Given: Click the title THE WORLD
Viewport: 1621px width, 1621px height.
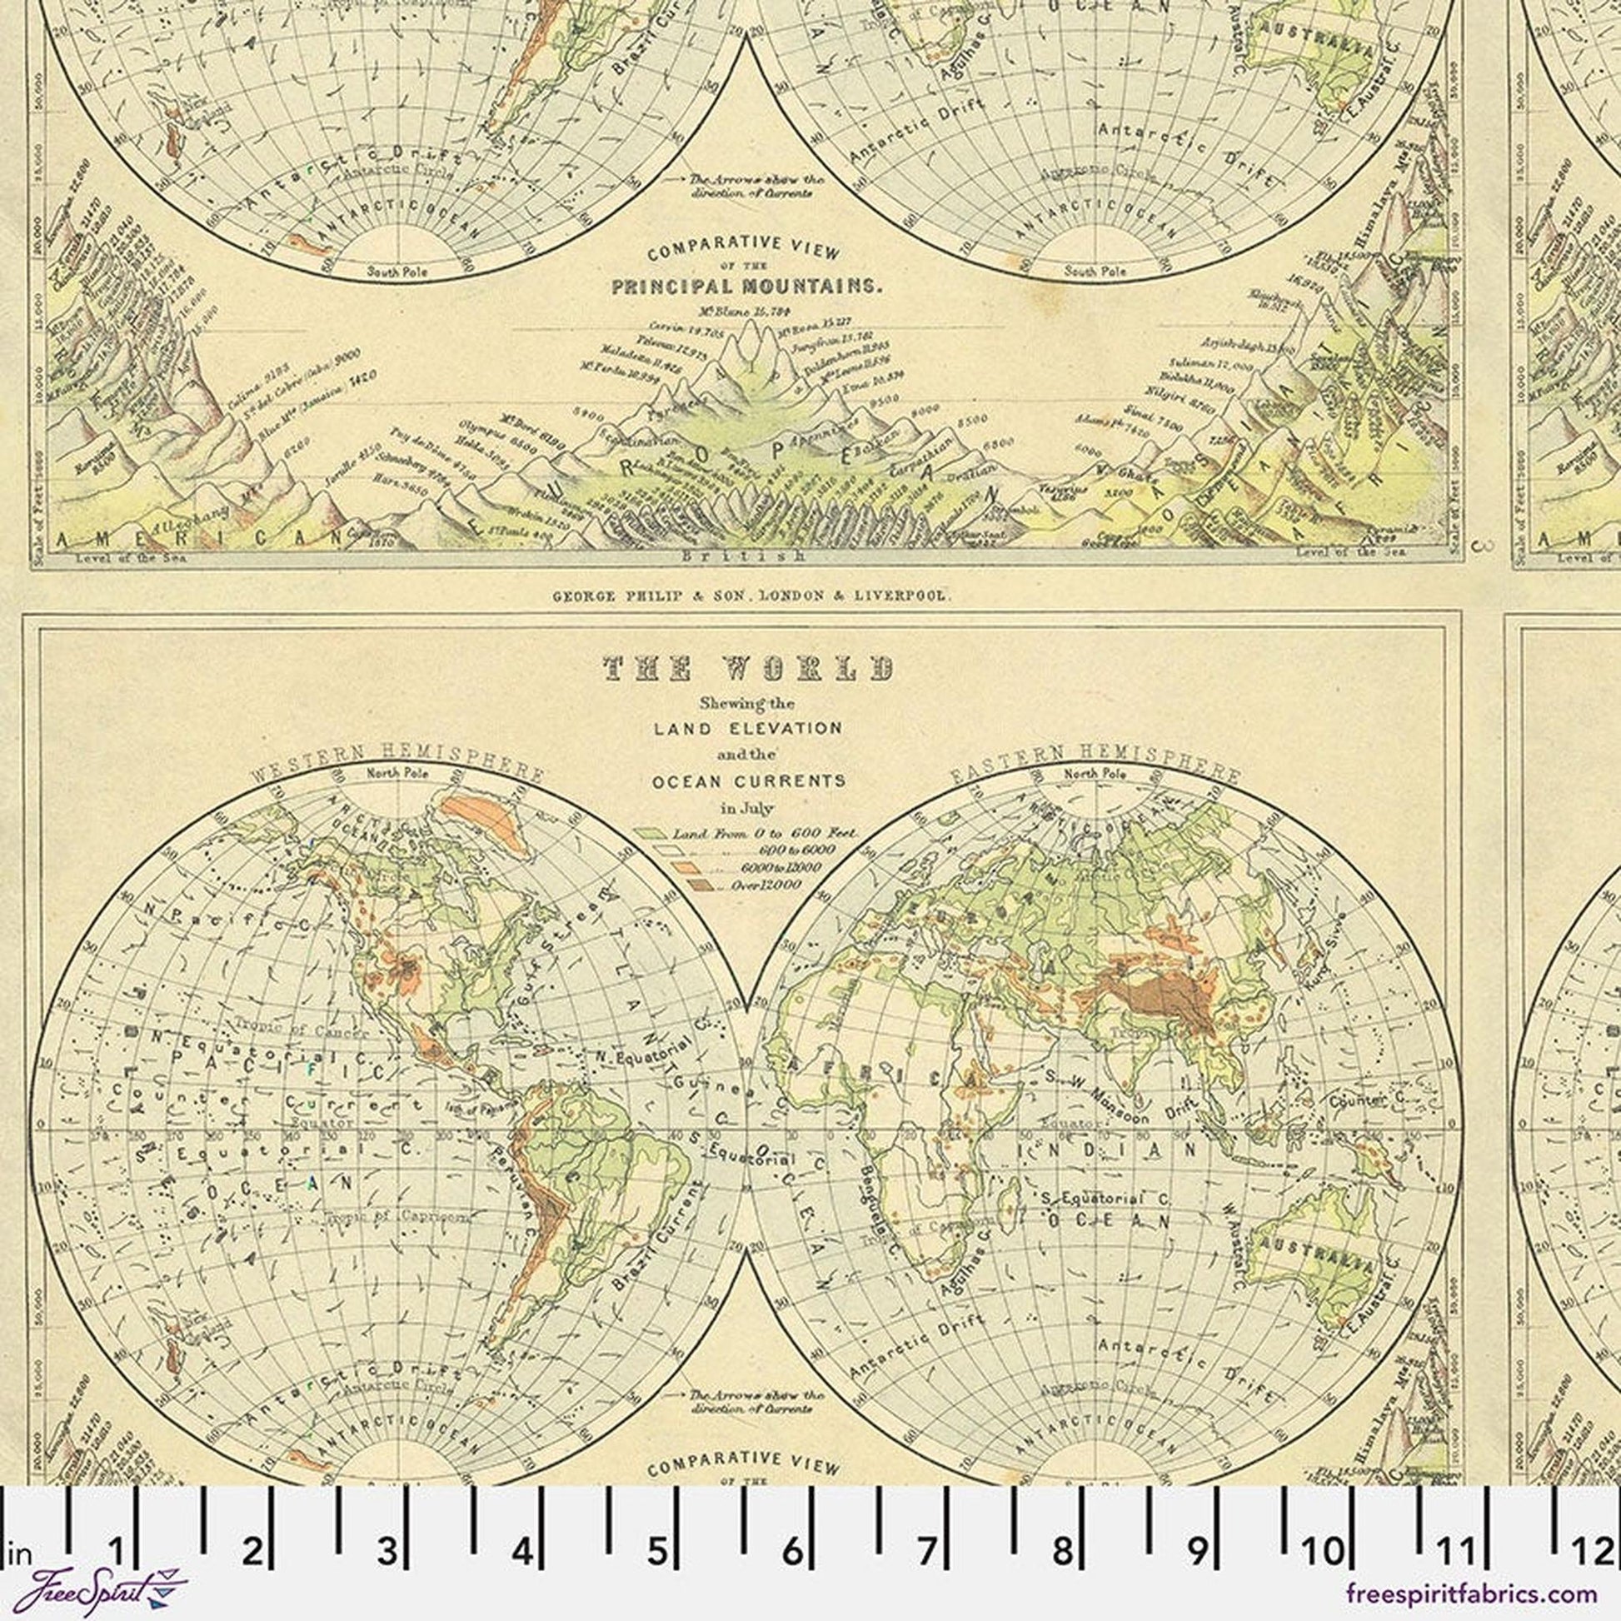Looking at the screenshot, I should point(747,669).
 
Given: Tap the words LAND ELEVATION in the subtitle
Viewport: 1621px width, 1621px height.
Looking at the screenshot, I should point(747,727).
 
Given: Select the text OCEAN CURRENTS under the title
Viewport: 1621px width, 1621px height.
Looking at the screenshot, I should point(748,781).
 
